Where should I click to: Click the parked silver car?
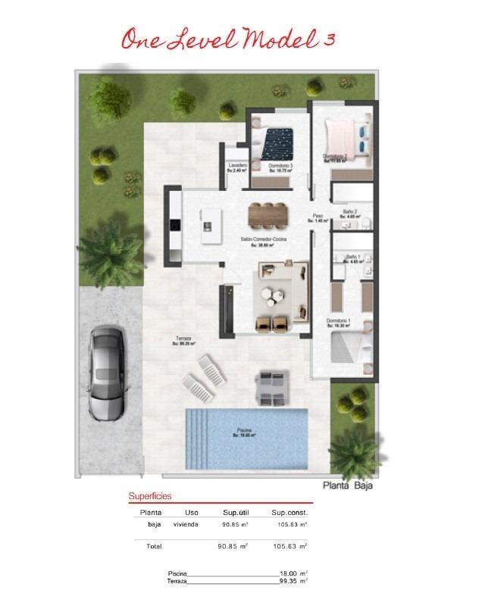pyautogui.click(x=106, y=373)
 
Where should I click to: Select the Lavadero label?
pyautogui.click(x=237, y=166)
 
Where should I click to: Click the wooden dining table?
pyautogui.click(x=269, y=214)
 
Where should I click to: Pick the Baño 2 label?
pyautogui.click(x=350, y=213)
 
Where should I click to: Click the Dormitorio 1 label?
pyautogui.click(x=338, y=322)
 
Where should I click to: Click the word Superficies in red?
pyautogui.click(x=150, y=496)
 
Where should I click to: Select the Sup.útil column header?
pyautogui.click(x=236, y=513)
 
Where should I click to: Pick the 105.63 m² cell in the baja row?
pyautogui.click(x=289, y=524)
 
